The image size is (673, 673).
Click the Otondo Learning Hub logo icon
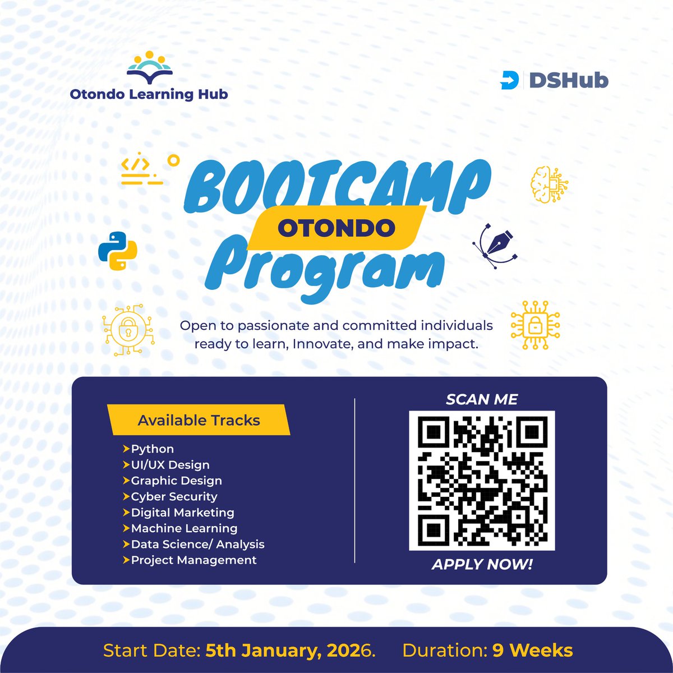(x=149, y=68)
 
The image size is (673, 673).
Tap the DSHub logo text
(x=568, y=81)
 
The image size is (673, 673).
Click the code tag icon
(x=142, y=170)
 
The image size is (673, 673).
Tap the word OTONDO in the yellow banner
(x=336, y=228)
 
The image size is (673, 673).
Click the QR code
(x=482, y=481)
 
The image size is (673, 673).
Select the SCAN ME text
(x=482, y=399)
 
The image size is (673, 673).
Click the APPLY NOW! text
(x=482, y=564)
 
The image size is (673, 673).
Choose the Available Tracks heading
(x=199, y=420)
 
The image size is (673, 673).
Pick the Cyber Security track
(x=174, y=496)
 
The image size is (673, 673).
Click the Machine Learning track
(x=184, y=528)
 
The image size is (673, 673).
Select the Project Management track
(x=193, y=560)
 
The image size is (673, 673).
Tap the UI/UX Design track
(x=170, y=465)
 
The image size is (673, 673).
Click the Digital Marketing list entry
(x=182, y=513)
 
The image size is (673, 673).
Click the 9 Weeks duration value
(x=533, y=651)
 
